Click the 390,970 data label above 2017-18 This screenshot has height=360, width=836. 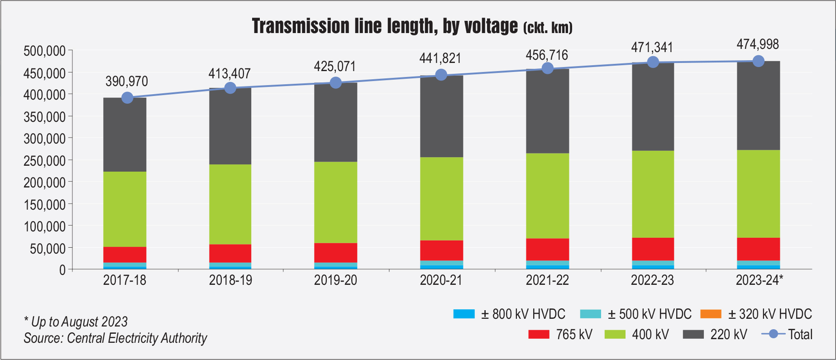pyautogui.click(x=127, y=82)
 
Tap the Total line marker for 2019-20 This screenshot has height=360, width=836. pyautogui.click(x=335, y=82)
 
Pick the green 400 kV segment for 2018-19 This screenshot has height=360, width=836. pyautogui.click(x=230, y=204)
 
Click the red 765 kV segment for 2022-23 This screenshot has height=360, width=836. pyautogui.click(x=653, y=249)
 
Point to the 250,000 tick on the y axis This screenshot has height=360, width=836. pyautogui.click(x=45, y=161)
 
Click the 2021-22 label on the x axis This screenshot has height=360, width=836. pyautogui.click(x=547, y=280)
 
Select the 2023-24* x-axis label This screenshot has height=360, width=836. pyautogui.click(x=759, y=280)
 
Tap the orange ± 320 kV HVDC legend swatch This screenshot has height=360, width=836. pyautogui.click(x=711, y=314)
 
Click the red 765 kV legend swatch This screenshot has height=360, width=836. pyautogui.click(x=539, y=335)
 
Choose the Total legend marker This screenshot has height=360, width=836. pyautogui.click(x=774, y=334)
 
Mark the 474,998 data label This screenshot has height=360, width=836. pyautogui.click(x=758, y=44)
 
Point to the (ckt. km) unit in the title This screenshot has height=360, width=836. pyautogui.click(x=548, y=28)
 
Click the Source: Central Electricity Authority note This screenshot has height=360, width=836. pyautogui.click(x=115, y=338)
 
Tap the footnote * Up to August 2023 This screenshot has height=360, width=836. pyautogui.click(x=76, y=322)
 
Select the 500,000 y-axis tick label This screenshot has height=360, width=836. pyautogui.click(x=45, y=51)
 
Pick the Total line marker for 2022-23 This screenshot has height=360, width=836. pyautogui.click(x=653, y=62)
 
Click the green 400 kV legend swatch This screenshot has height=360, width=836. pyautogui.click(x=615, y=335)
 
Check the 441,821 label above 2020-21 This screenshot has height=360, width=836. pyautogui.click(x=440, y=58)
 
